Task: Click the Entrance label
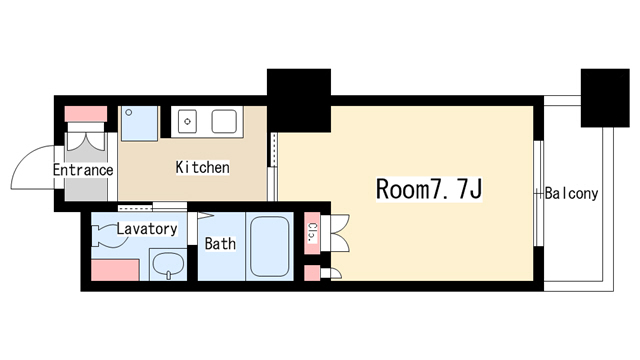[x=83, y=170]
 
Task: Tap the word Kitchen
[x=202, y=167]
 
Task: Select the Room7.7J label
[x=429, y=189]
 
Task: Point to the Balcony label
[x=571, y=193]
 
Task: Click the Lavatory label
[x=147, y=229]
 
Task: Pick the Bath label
[x=220, y=244]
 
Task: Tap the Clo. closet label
[x=312, y=233]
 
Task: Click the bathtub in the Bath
[x=270, y=247]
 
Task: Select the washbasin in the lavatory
[x=168, y=264]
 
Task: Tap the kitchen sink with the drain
[x=187, y=121]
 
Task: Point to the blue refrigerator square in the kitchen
[x=139, y=123]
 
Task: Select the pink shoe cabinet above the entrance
[x=86, y=114]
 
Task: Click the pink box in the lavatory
[x=115, y=270]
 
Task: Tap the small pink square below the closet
[x=312, y=273]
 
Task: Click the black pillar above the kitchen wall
[x=299, y=100]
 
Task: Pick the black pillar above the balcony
[x=605, y=98]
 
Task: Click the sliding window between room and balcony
[x=539, y=193]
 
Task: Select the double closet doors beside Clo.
[x=336, y=233]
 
